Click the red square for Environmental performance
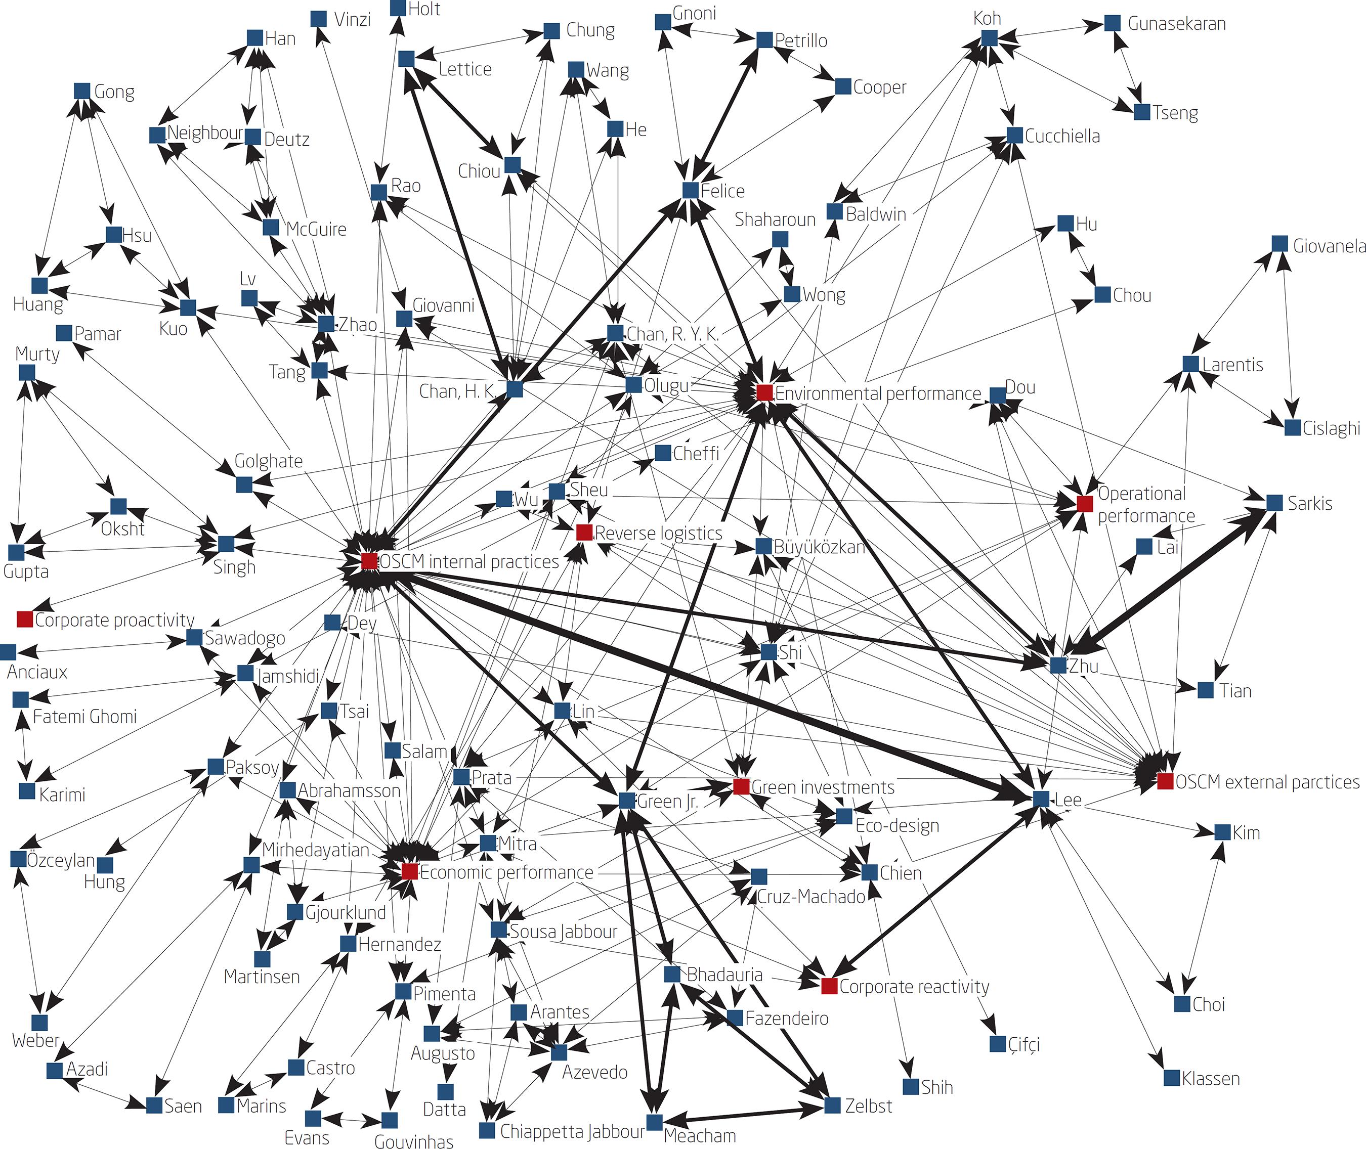[x=764, y=393]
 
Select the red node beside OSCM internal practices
[x=369, y=561]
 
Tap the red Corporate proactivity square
[x=25, y=619]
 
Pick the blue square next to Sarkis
[x=1275, y=502]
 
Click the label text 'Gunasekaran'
[x=1176, y=24]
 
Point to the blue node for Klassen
[x=1171, y=1078]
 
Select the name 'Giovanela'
[x=1329, y=246]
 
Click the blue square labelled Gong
[x=82, y=91]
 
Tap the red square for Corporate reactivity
[x=829, y=986]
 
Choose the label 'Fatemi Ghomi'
[x=84, y=717]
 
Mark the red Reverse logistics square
[x=584, y=532]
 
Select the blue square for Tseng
[x=1142, y=112]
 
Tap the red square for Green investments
[x=741, y=787]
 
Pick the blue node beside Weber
[x=40, y=1023]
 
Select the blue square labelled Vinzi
[x=319, y=19]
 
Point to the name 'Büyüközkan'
[x=819, y=547]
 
